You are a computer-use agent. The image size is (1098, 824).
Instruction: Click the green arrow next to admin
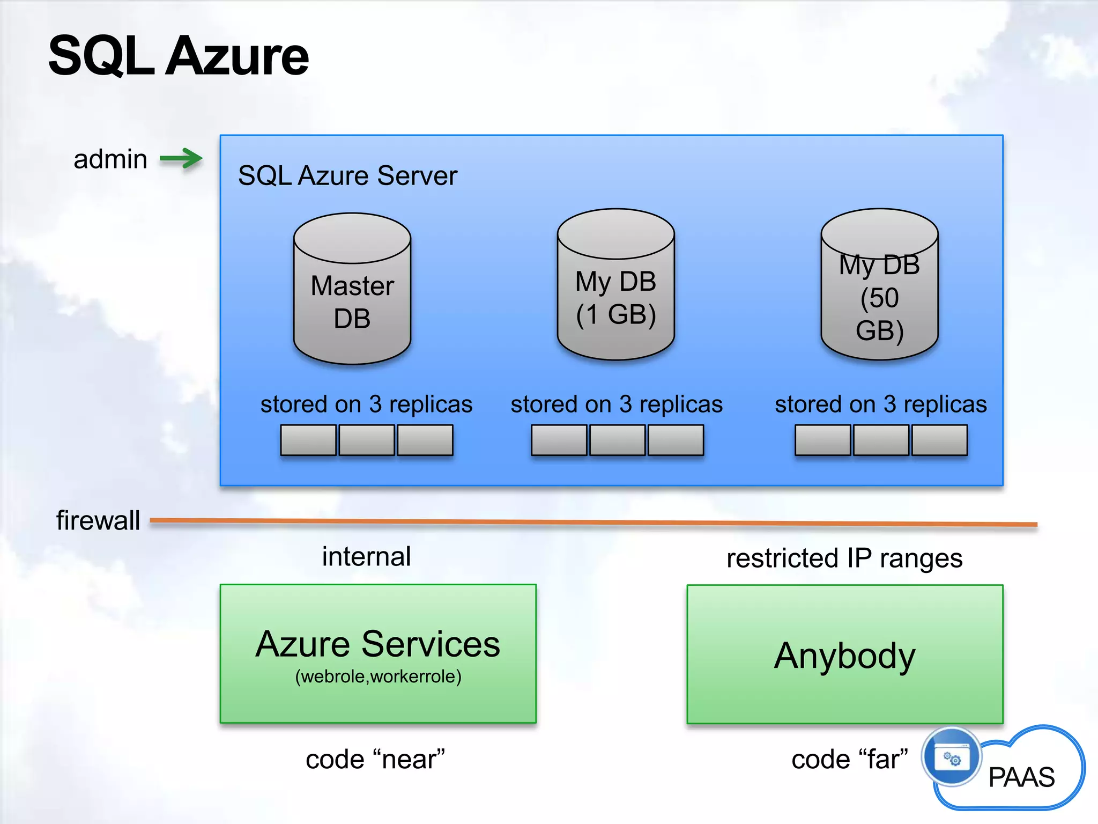coord(181,159)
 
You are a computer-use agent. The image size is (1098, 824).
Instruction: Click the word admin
coord(110,159)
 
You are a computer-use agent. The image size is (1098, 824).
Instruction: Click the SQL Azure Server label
coord(347,175)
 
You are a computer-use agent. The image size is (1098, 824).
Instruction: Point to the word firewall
coord(98,520)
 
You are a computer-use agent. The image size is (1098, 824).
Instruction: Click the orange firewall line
coord(590,522)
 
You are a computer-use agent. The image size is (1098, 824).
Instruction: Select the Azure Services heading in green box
coord(377,644)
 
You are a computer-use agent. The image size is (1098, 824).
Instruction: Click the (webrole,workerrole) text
coord(378,676)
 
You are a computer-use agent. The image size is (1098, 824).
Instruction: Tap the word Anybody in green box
coord(844,656)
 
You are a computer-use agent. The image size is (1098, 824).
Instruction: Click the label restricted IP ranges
coord(844,558)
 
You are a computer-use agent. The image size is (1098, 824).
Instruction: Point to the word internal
coord(366,556)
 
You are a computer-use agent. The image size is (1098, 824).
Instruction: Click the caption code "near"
coord(375,760)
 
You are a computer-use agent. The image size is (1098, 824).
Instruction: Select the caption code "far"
coord(850,760)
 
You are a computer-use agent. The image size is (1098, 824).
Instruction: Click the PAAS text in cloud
coord(1021,777)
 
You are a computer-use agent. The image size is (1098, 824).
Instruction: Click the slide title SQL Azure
coord(179,56)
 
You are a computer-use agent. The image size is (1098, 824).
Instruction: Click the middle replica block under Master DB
coord(367,440)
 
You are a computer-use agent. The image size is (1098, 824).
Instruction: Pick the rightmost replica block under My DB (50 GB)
coord(939,440)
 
